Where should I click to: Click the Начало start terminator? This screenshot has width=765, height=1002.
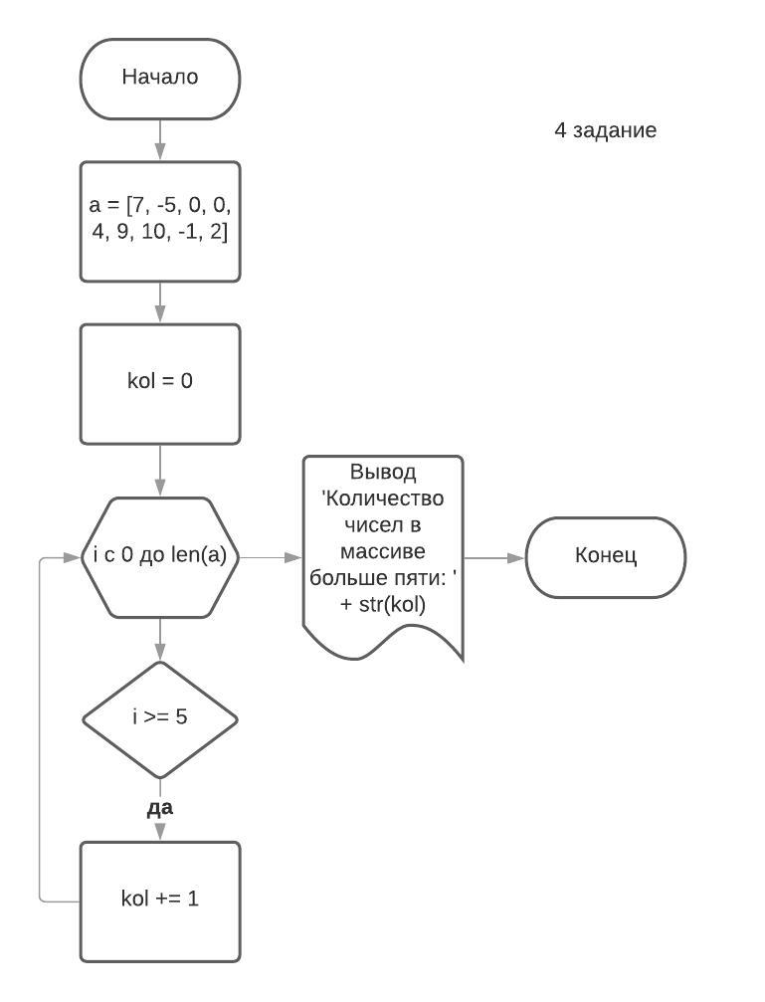click(x=159, y=78)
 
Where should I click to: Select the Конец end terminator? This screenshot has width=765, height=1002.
click(x=605, y=557)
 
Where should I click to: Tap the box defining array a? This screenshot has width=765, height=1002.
click(x=159, y=221)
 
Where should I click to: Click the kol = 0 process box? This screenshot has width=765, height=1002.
click(x=159, y=383)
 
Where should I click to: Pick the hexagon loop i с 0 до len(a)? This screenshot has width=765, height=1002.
click(x=159, y=557)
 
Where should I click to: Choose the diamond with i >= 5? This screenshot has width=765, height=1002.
click(x=159, y=718)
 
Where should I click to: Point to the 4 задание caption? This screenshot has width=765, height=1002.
click(x=605, y=130)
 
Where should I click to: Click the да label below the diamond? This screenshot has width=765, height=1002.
click(x=159, y=808)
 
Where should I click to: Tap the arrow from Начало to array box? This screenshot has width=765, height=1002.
click(x=159, y=139)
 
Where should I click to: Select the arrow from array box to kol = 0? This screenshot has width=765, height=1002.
click(x=159, y=302)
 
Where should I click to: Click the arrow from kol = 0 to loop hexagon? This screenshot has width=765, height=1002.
click(x=159, y=470)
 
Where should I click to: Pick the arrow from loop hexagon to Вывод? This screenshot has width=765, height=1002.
click(x=271, y=558)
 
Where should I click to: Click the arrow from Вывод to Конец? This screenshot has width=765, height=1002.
click(x=494, y=558)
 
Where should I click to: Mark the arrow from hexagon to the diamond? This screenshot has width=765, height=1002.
click(x=159, y=639)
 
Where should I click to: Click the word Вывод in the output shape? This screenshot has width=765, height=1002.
click(x=383, y=473)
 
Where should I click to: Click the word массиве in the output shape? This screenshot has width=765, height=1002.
click(x=383, y=551)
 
